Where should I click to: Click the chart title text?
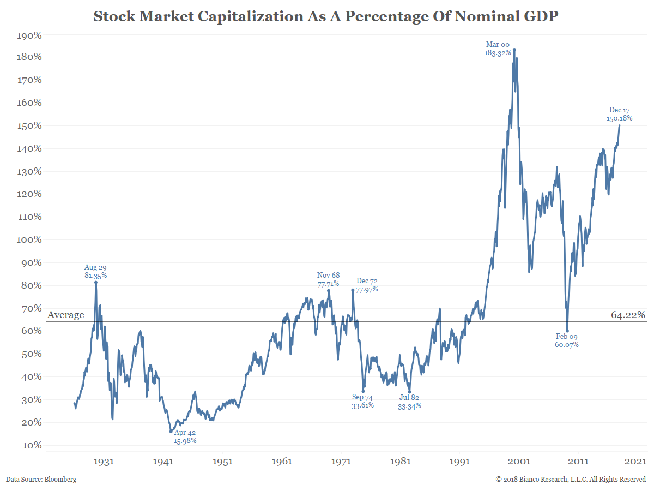tap(326, 16)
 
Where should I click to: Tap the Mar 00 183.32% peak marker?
tap(514, 50)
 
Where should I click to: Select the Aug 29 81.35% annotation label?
tap(95, 271)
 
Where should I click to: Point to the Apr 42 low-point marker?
tap(171, 432)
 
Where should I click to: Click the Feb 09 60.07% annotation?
tap(567, 340)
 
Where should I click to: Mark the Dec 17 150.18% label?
tap(620, 114)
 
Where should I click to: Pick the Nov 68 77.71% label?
tap(328, 279)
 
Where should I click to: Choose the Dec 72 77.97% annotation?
tap(367, 285)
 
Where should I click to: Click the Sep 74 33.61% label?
tap(362, 402)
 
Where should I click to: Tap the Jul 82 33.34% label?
tap(409, 402)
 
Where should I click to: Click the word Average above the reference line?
tap(66, 315)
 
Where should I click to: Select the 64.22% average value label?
tap(628, 315)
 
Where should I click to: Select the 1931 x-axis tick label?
tap(104, 462)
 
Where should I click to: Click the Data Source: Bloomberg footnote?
tap(41, 480)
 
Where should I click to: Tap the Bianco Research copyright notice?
tap(571, 480)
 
